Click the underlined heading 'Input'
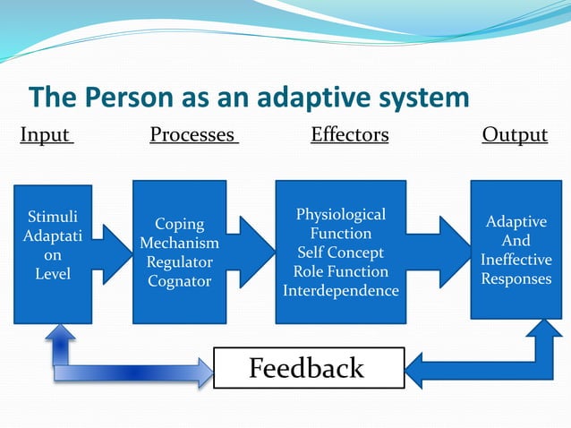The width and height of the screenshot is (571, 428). click(46, 135)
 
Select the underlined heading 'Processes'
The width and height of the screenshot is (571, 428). click(192, 135)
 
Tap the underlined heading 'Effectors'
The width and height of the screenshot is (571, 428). click(349, 135)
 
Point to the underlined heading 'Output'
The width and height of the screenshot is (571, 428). click(515, 135)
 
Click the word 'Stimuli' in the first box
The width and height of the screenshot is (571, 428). click(52, 217)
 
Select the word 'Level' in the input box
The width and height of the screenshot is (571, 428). click(52, 274)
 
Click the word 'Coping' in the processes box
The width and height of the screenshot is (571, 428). click(179, 224)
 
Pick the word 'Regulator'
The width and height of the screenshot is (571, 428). click(179, 262)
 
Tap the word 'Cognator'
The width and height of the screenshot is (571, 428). click(179, 281)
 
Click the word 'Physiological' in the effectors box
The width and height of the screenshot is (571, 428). click(341, 215)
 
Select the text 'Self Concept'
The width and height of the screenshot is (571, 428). click(341, 253)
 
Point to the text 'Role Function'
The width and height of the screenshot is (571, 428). click(341, 271)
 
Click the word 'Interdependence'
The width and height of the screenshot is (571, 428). click(341, 291)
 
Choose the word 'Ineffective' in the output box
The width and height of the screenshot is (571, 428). click(516, 260)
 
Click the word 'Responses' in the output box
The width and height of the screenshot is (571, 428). click(516, 278)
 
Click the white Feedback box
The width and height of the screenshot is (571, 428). click(307, 368)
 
